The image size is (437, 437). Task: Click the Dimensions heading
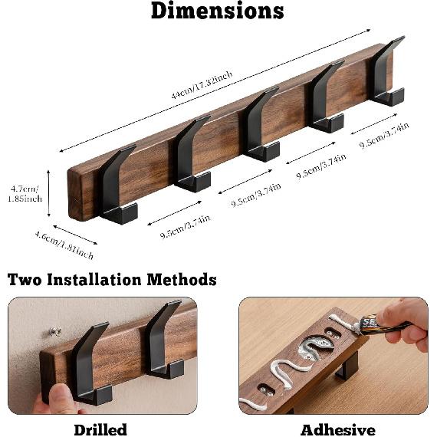coord(217,11)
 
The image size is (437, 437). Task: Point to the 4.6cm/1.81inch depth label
coord(64,244)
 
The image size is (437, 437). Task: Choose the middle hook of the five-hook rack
coord(259,124)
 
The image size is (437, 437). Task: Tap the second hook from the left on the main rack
coord(189,154)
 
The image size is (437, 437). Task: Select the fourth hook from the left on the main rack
coord(326,97)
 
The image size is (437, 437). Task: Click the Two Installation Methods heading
coord(112,279)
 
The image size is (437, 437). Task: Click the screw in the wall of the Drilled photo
coord(55,332)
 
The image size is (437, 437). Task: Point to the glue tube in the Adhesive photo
coord(381,325)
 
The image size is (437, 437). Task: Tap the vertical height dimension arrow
coord(49,193)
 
